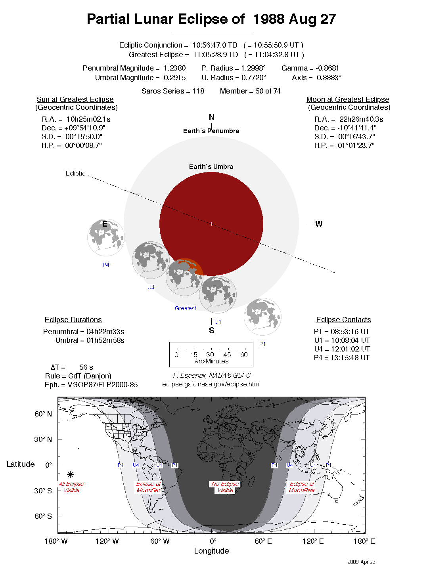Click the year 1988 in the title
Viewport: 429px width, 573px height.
pos(269,19)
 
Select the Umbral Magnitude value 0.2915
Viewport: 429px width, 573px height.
pos(174,78)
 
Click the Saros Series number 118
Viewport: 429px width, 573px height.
pos(198,91)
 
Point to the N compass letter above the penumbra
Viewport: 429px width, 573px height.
pos(212,117)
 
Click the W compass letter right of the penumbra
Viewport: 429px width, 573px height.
pos(319,224)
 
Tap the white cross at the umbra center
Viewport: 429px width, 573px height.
pos(211,224)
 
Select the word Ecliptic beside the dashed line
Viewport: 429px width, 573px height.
pos(75,173)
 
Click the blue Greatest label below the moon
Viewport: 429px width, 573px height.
pos(185,308)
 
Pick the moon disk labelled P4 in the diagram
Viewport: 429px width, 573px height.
pos(106,237)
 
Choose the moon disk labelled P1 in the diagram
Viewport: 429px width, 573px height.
pos(262,317)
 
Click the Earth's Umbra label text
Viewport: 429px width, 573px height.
pos(211,166)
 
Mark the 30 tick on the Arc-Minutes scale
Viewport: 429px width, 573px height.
pos(210,355)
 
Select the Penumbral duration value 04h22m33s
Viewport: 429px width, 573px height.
pos(105,332)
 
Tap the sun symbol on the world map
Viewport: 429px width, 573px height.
pos(70,474)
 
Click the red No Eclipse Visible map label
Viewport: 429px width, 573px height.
pos(225,487)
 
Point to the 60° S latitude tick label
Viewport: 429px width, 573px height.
pos(43,516)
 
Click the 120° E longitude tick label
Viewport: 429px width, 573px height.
pos(313,541)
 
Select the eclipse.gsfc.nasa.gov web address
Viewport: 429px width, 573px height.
pos(211,384)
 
